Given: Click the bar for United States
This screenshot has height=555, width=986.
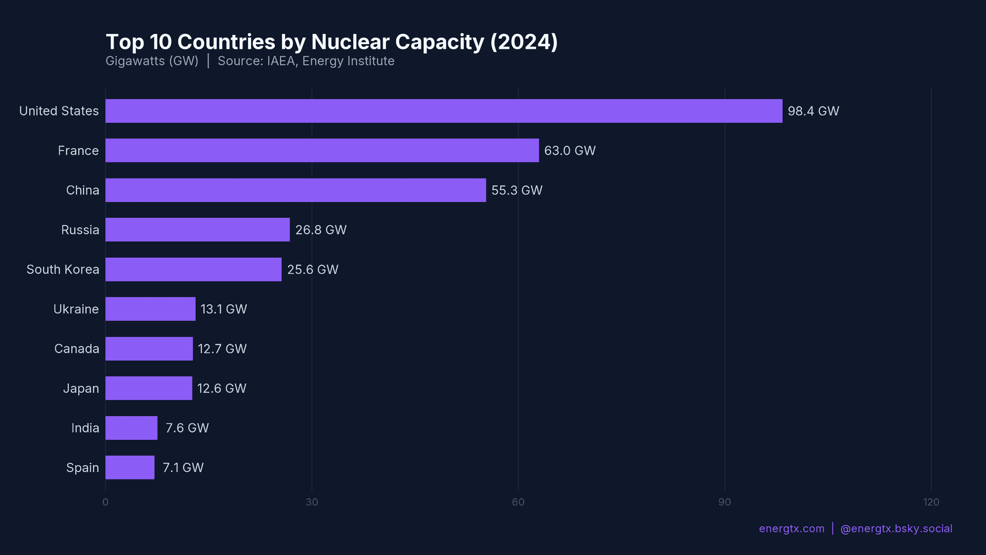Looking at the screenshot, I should (x=444, y=111).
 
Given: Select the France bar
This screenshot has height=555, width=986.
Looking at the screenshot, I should (x=322, y=151).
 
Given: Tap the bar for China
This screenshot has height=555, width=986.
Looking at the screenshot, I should (x=295, y=190).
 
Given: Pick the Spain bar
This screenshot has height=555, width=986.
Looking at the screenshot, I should (x=130, y=468).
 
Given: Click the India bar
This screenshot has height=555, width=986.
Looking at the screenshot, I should (x=131, y=428).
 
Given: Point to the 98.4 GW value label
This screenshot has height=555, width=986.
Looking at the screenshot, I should (x=813, y=111).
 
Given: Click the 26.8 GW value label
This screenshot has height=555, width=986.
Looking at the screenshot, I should (x=320, y=230).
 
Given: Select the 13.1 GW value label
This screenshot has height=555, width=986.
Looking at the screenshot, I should (x=223, y=309).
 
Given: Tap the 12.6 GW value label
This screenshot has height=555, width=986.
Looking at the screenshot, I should (x=221, y=388).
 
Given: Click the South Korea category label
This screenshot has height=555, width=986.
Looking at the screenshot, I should (x=63, y=269).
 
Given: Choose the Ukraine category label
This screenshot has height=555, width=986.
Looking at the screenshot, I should (x=76, y=309).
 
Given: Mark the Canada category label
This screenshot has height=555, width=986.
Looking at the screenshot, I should (x=77, y=348).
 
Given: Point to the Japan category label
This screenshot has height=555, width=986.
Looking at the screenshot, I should (x=81, y=388).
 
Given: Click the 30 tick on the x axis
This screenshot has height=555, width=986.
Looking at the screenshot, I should (x=312, y=502).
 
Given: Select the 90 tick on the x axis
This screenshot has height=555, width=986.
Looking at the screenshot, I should (x=724, y=502).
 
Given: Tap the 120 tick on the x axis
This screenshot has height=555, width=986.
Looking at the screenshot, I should (x=931, y=502).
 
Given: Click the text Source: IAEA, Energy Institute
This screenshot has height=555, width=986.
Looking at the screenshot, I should (x=306, y=61).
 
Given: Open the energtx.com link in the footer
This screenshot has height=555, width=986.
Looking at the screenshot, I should (x=791, y=529).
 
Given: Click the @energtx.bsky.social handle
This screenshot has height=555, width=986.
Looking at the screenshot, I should (x=896, y=529).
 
